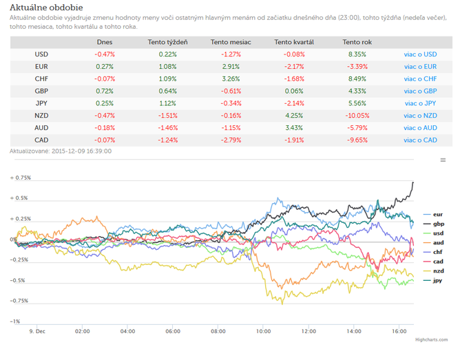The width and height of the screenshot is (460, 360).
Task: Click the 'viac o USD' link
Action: [x=420, y=54]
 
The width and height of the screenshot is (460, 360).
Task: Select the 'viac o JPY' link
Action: [x=420, y=103]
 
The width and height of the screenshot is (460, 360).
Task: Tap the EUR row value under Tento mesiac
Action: [x=231, y=67]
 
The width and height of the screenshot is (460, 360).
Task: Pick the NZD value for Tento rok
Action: [x=357, y=116]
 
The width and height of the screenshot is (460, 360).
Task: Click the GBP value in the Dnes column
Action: [x=105, y=91]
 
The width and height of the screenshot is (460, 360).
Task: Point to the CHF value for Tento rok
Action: [x=357, y=79]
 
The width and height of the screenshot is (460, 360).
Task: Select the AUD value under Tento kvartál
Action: [x=294, y=128]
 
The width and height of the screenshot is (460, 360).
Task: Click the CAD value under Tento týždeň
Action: [x=168, y=140]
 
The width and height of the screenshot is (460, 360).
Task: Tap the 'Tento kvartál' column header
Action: [x=294, y=42]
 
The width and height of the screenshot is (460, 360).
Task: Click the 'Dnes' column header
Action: [x=105, y=42]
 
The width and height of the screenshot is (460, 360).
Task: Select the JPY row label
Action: [x=41, y=103]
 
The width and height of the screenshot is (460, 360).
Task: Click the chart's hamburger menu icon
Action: [x=443, y=160]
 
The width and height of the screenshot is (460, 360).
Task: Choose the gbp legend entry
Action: [x=434, y=224]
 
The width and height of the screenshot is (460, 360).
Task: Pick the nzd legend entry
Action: [x=433, y=271]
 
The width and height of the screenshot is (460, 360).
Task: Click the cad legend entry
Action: [x=433, y=262]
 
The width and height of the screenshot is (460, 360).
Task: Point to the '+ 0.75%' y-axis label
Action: [x=21, y=178]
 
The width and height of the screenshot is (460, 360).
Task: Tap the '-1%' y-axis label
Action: [x=15, y=321]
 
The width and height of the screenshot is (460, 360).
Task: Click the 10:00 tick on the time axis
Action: [x=264, y=331]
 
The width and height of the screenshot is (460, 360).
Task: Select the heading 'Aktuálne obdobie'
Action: [x=46, y=8]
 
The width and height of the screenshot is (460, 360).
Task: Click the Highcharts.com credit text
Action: [x=431, y=340]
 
